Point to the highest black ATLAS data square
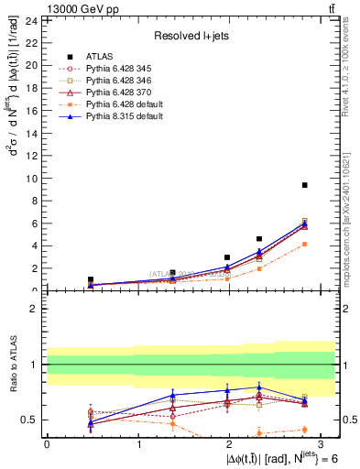point(304,185)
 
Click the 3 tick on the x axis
point(322,443)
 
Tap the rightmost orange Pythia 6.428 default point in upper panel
point(304,244)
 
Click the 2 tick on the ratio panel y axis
point(35,309)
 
